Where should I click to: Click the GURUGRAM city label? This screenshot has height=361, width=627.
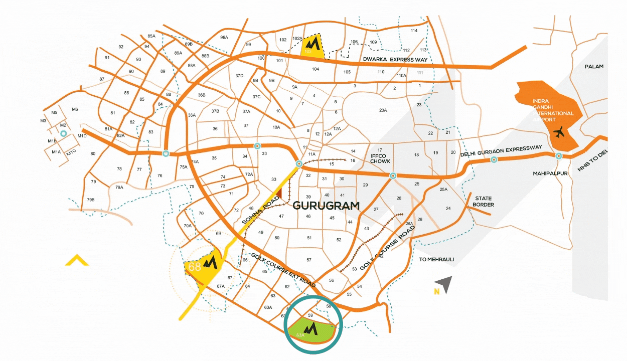[x=326, y=206]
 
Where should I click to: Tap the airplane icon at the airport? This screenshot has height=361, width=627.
[x=559, y=133]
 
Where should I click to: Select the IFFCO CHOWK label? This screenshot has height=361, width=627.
[x=380, y=158]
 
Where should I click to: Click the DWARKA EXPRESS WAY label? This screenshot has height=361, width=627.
[x=395, y=60]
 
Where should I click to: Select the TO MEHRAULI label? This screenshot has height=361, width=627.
[x=436, y=259]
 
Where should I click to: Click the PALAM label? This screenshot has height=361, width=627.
[x=594, y=66]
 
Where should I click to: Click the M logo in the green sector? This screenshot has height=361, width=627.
[x=312, y=328]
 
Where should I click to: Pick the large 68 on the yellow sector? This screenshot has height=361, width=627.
[x=194, y=266]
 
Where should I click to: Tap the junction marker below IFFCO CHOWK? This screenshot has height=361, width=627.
[x=393, y=176]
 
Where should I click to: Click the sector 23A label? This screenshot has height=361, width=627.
[x=383, y=110]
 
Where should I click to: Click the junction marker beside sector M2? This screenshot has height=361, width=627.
[x=63, y=134]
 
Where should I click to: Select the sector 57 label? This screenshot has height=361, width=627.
[x=308, y=260]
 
